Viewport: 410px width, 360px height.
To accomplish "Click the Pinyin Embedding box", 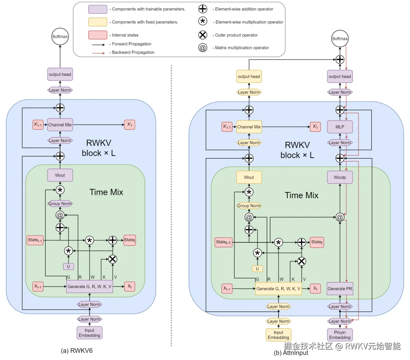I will [340, 335].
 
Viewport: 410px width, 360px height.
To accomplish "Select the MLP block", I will [340, 127].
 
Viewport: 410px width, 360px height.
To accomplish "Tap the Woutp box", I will [340, 177].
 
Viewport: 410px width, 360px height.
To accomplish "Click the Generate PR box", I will [340, 289].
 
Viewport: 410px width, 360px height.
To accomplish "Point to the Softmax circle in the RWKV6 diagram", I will [60, 36].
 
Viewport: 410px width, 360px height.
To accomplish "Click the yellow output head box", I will [249, 77].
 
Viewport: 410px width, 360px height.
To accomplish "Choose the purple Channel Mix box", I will [60, 125].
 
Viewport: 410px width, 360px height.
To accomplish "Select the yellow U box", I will [257, 269].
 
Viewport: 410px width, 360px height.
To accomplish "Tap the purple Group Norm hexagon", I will [60, 204].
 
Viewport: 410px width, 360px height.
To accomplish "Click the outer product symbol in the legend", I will [203, 35].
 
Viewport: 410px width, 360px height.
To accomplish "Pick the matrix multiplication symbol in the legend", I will [203, 48].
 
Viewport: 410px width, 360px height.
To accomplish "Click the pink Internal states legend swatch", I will [98, 35].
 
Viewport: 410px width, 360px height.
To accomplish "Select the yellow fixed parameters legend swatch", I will [98, 22].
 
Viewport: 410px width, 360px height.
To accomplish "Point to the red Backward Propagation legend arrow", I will [98, 53].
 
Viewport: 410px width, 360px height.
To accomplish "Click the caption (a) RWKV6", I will [77, 350].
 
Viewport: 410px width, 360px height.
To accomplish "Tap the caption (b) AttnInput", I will [291, 353].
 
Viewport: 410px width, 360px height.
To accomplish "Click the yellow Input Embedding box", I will [278, 335].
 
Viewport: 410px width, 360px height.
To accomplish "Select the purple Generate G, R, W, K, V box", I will [89, 286].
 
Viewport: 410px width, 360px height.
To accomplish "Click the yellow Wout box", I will [249, 177].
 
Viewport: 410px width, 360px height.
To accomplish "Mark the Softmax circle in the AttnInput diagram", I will [340, 38].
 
